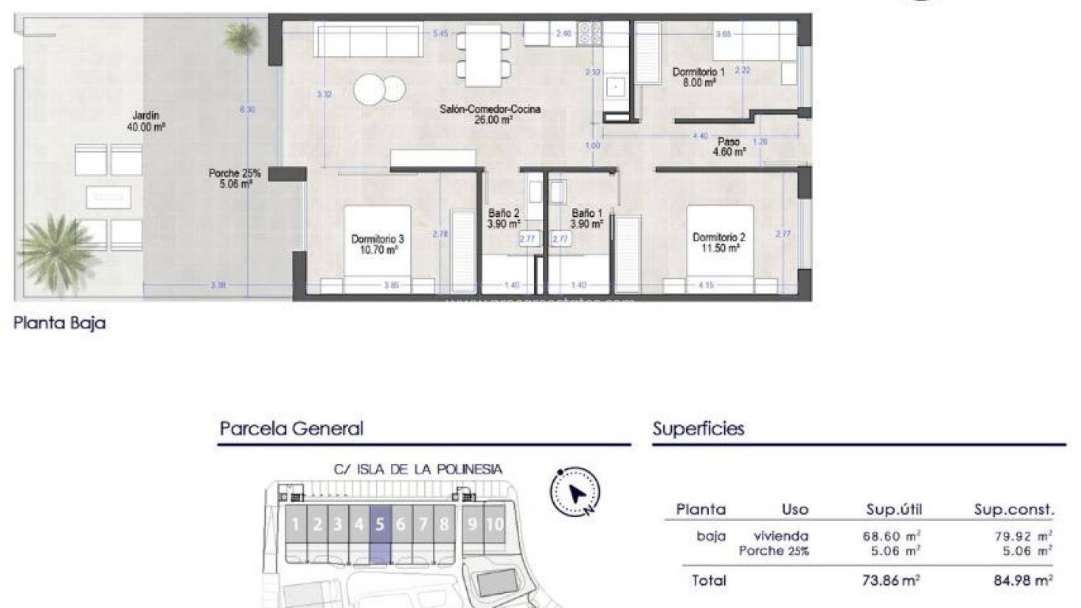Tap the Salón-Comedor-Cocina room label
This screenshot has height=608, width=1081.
(x=490, y=115)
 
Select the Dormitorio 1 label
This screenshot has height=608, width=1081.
(x=699, y=77)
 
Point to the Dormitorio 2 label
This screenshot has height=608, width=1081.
(x=719, y=242)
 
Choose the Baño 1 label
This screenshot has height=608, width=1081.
(x=586, y=218)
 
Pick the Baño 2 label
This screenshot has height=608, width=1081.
(x=503, y=218)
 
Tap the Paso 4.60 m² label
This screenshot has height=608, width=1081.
(x=729, y=147)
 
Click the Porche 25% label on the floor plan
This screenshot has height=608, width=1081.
(x=234, y=178)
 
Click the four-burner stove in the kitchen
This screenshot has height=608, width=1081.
(x=590, y=33)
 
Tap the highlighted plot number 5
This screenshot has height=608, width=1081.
(x=380, y=524)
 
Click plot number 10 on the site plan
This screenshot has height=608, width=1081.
(x=495, y=524)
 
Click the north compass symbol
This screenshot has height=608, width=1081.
(x=575, y=492)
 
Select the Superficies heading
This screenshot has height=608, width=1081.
(x=698, y=429)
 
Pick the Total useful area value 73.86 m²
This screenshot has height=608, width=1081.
(x=891, y=580)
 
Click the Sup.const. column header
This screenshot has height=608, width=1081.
(x=1014, y=510)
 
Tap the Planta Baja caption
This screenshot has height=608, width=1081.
(x=60, y=323)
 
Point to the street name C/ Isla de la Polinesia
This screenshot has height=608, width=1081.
(x=418, y=469)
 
